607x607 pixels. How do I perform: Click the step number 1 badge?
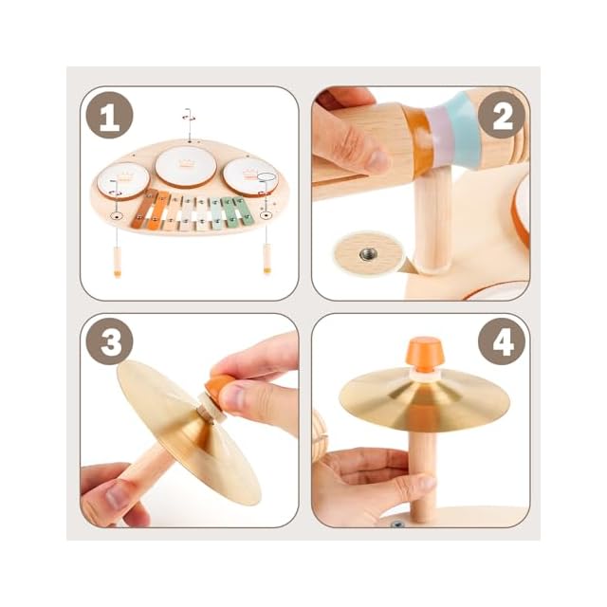(110, 115)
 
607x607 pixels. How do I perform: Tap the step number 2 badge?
(502, 115)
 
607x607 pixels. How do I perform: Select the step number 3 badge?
(110, 341)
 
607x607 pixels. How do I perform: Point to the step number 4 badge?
(502, 341)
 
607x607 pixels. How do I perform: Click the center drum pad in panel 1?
(186, 167)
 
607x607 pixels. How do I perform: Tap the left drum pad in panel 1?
(123, 180)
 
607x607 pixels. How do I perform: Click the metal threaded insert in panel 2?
(367, 254)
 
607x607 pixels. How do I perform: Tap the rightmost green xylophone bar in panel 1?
(242, 212)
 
